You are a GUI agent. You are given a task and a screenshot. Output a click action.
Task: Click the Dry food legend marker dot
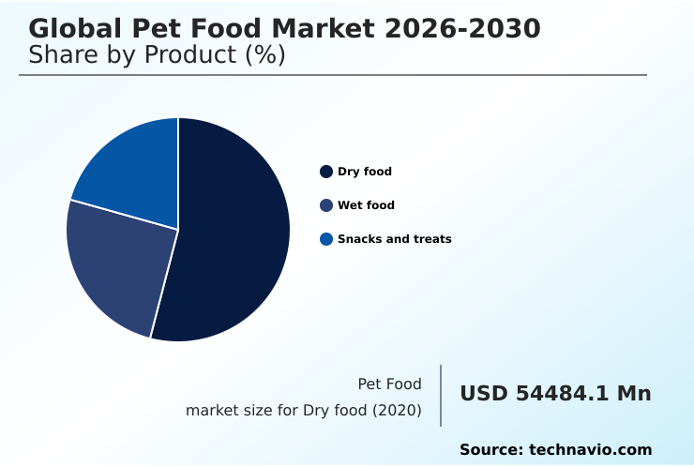(326, 172)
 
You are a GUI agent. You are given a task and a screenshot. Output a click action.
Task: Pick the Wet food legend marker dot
(326, 205)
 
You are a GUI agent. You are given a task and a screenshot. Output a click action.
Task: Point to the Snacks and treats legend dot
(326, 239)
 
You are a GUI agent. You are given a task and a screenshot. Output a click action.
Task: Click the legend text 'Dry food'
(365, 172)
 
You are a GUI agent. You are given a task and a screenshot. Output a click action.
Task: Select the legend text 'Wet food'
(366, 205)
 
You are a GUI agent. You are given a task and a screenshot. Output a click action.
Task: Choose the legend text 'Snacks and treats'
(394, 239)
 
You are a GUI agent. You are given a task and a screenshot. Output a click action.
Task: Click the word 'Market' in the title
(324, 29)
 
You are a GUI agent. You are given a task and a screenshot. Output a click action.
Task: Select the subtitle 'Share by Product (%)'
(157, 54)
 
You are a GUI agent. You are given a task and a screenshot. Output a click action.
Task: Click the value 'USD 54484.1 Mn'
(555, 394)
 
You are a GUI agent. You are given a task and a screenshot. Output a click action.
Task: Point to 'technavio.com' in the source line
(590, 450)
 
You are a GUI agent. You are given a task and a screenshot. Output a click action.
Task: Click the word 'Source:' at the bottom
(490, 450)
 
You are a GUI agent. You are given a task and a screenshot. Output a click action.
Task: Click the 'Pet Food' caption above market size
(389, 384)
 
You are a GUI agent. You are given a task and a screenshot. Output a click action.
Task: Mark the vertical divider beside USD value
(441, 396)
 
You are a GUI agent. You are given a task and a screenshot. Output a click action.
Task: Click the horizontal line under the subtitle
(333, 75)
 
